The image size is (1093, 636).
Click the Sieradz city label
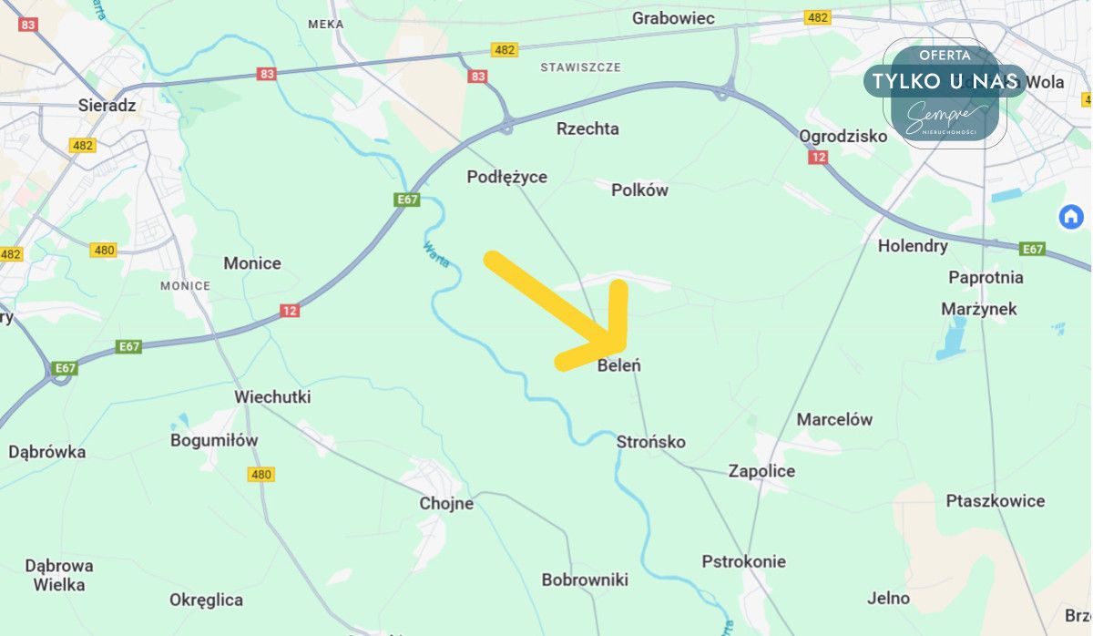point(107,105)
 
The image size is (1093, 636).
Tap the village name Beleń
point(619,365)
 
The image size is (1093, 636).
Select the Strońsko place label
point(650,442)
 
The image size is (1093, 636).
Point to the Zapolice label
point(761,471)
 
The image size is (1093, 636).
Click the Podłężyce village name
point(507,177)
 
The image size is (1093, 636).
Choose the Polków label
point(639,190)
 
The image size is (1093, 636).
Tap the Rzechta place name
point(587,128)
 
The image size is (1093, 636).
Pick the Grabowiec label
point(673,17)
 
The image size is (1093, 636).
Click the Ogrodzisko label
point(843,136)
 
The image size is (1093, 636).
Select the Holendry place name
point(913,245)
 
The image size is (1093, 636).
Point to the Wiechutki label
point(272,397)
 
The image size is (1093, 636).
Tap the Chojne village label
point(446,503)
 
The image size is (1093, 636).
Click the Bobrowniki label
point(585,580)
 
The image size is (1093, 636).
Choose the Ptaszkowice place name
point(996,500)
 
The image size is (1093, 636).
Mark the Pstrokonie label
point(743,561)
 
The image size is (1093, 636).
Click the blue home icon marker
point(1071,217)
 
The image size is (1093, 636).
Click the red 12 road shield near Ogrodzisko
point(819,158)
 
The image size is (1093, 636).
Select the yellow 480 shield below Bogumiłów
point(260,474)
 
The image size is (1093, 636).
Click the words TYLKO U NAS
point(945,81)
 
